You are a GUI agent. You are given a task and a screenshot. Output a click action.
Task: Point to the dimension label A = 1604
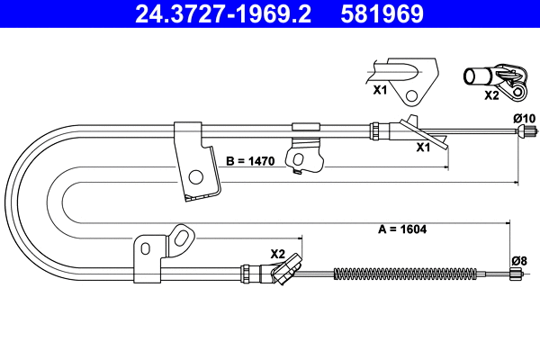pyautogui.click(x=400, y=229)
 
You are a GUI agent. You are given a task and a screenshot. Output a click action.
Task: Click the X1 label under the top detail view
pyautogui.click(x=379, y=91)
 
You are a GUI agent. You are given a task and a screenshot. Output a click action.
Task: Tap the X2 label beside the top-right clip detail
pyautogui.click(x=491, y=94)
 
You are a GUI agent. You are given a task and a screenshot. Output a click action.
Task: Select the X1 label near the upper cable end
pyautogui.click(x=422, y=148)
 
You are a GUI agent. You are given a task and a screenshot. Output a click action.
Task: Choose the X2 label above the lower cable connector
pyautogui.click(x=277, y=253)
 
